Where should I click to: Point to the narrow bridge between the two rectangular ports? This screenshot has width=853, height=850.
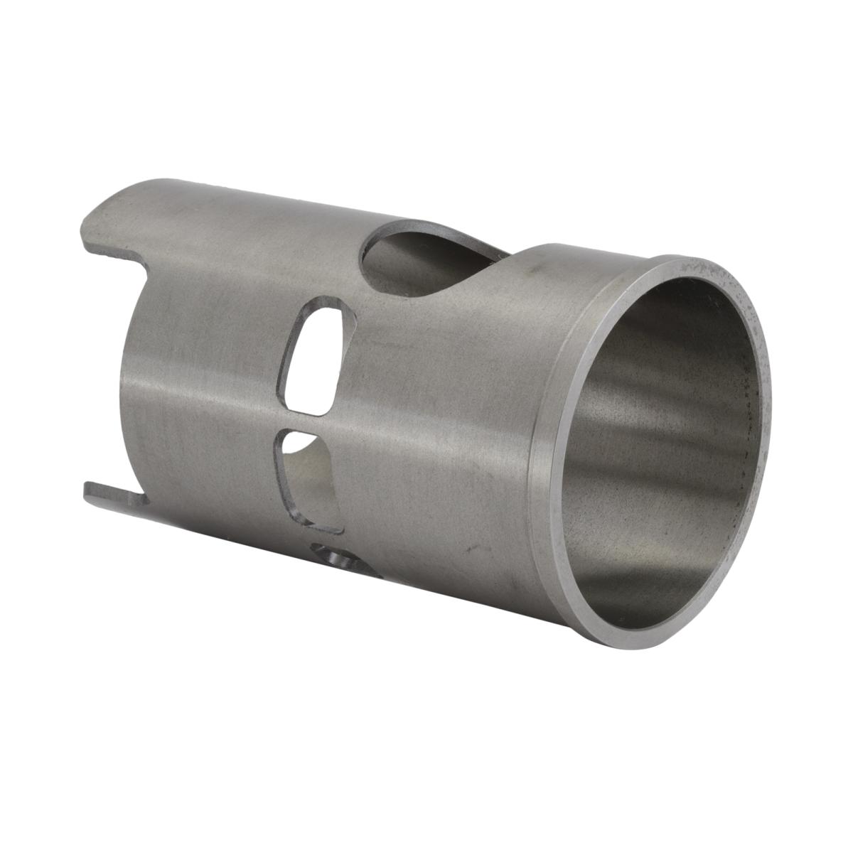pyautogui.click(x=309, y=421)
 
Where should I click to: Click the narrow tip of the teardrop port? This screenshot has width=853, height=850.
pyautogui.click(x=498, y=252)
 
